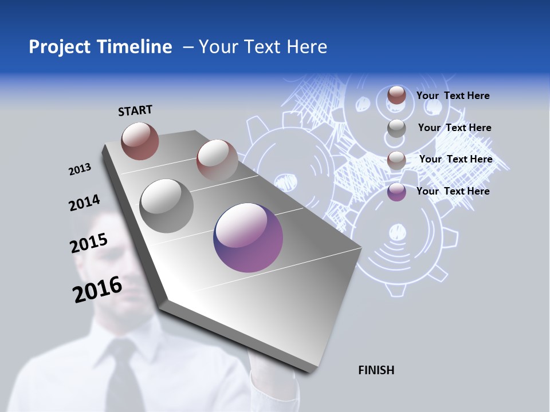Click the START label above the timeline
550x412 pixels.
(x=135, y=110)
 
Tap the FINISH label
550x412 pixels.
(x=376, y=370)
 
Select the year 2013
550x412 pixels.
(x=80, y=169)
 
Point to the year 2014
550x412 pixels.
(x=84, y=203)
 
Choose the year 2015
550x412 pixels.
(x=88, y=243)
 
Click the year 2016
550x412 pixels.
(x=97, y=290)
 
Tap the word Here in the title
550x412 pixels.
(x=307, y=47)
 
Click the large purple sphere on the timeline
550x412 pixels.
(x=248, y=237)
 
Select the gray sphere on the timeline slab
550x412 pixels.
(x=167, y=205)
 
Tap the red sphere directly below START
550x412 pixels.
(x=140, y=141)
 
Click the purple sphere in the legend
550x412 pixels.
(x=396, y=192)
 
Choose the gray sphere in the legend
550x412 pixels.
(x=396, y=128)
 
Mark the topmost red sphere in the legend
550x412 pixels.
(x=396, y=95)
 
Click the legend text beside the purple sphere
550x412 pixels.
(x=453, y=191)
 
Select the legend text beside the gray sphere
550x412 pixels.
(x=454, y=128)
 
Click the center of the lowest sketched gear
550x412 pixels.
(x=396, y=232)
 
